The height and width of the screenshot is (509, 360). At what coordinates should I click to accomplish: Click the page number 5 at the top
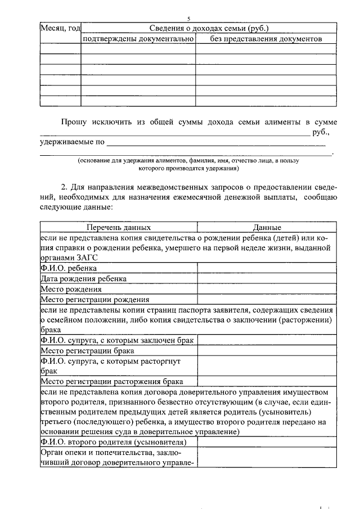189,19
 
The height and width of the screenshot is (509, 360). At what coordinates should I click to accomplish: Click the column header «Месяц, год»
60,28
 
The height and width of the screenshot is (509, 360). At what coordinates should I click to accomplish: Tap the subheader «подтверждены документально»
138,39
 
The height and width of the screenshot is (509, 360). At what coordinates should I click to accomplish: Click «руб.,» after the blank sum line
321,133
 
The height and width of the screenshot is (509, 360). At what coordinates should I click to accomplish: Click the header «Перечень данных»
118,228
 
